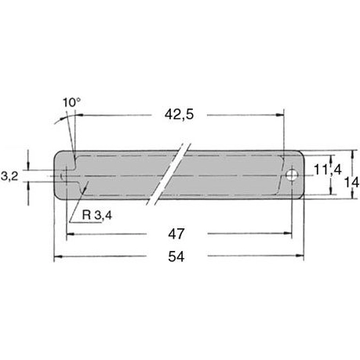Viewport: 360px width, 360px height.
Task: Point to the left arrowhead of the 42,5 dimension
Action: [79, 115]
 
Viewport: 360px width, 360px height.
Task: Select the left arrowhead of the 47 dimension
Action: [71, 234]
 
